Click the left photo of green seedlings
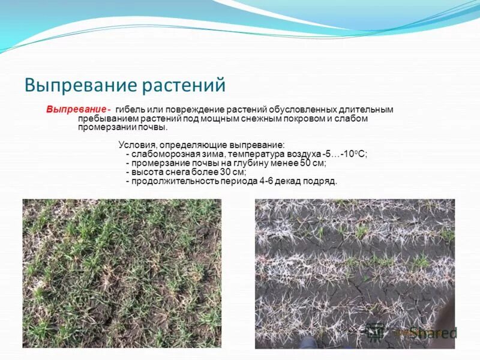(x=122, y=273)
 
